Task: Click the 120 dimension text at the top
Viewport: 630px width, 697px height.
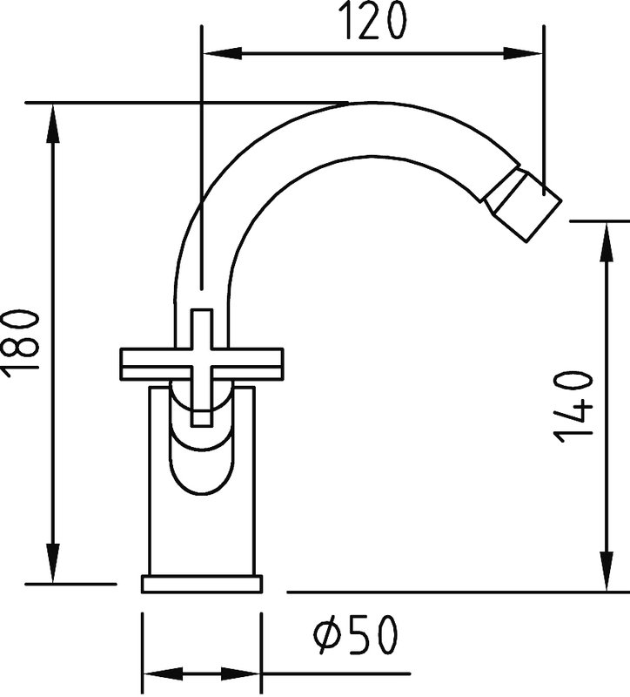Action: pyautogui.click(x=374, y=21)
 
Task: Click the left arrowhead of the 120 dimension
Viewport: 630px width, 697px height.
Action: pyautogui.click(x=222, y=53)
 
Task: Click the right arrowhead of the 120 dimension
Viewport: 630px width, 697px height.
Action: pyautogui.click(x=523, y=53)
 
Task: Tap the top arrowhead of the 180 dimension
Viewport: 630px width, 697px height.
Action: pyautogui.click(x=53, y=124)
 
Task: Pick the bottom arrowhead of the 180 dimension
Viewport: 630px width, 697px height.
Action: pyautogui.click(x=53, y=562)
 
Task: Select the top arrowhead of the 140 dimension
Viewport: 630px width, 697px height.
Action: pyautogui.click(x=607, y=241)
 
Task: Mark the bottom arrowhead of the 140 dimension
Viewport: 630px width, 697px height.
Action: pyautogui.click(x=607, y=572)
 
